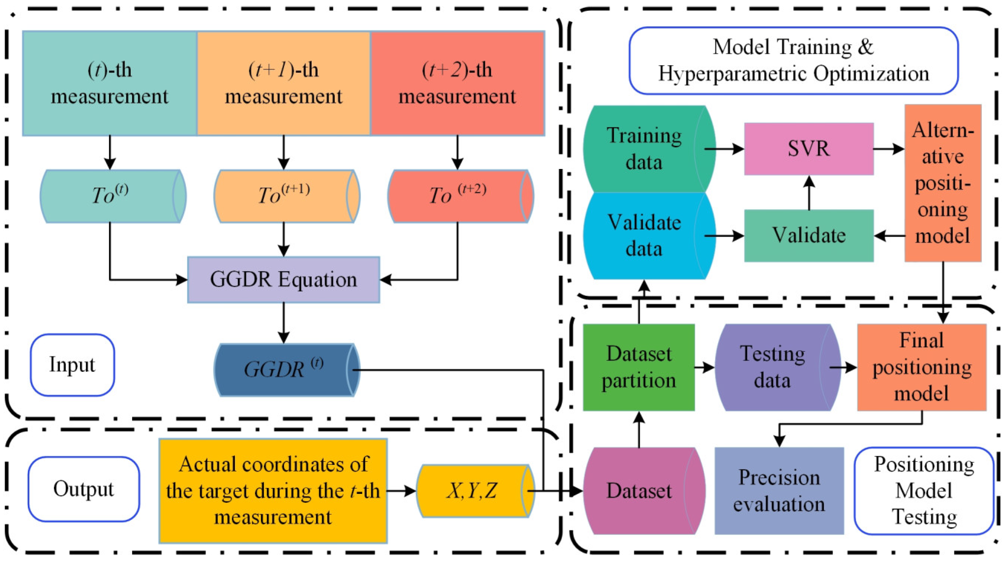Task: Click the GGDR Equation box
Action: click(283, 279)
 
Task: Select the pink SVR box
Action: click(808, 149)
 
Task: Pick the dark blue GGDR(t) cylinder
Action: click(284, 370)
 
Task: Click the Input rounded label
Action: click(72, 365)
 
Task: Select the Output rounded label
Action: click(83, 489)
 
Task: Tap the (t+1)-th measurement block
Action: click(283, 83)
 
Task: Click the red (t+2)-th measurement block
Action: click(457, 83)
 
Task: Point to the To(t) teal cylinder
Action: click(111, 196)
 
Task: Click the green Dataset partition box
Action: click(639, 367)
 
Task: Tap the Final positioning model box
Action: click(922, 367)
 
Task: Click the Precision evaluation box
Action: click(779, 491)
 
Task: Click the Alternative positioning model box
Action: click(942, 182)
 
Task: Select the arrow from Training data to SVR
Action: click(724, 149)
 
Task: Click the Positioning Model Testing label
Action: click(924, 491)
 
